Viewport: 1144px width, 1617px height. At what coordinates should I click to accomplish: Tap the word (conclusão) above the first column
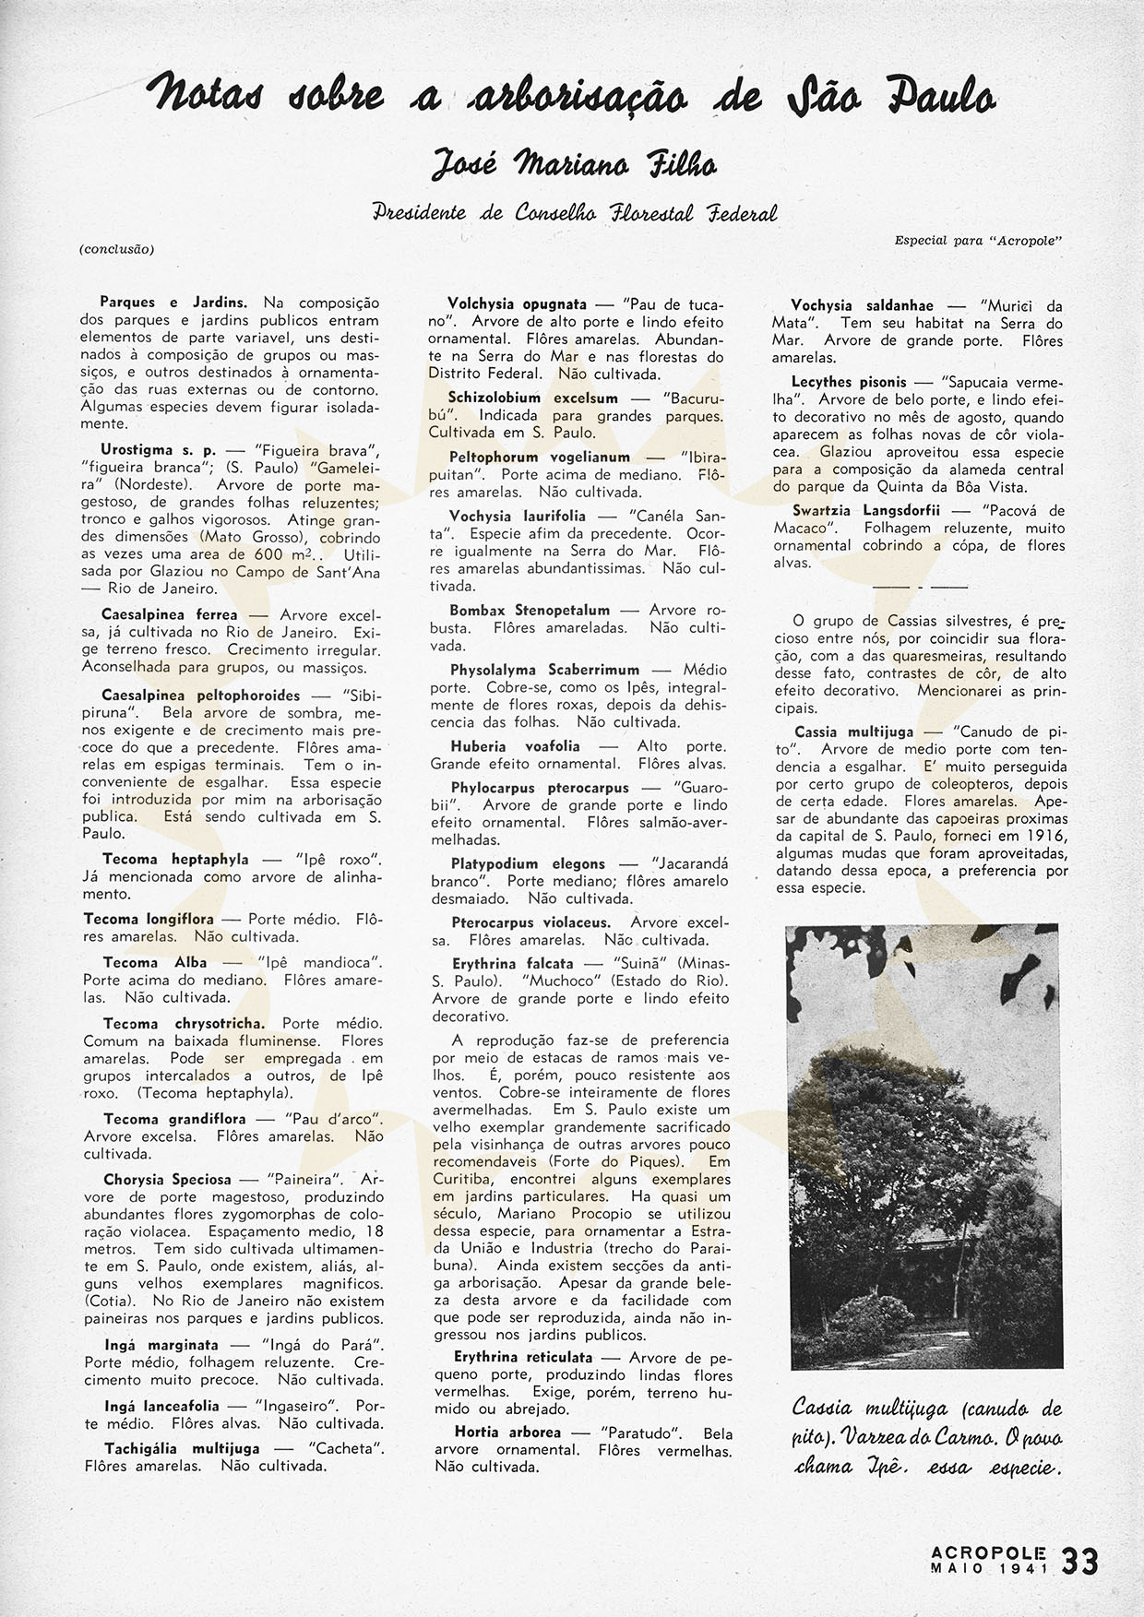tap(116, 249)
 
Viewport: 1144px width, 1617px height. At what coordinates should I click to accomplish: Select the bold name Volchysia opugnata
tap(517, 303)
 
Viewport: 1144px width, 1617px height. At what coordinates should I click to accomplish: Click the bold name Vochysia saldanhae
tap(863, 305)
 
